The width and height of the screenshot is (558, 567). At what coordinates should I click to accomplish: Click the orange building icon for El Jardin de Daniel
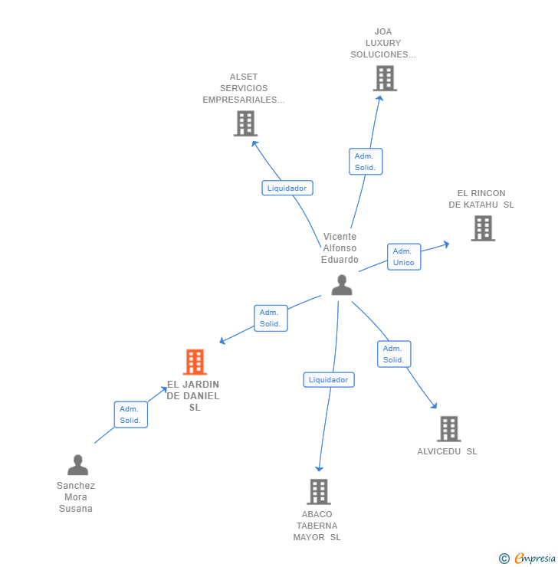(195, 362)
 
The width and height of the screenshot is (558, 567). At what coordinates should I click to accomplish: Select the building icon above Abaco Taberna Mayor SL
(318, 491)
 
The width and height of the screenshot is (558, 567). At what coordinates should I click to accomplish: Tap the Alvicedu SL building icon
(448, 429)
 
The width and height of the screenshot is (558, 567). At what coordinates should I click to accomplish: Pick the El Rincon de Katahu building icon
(482, 228)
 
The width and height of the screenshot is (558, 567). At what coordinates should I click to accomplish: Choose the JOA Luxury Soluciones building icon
(385, 78)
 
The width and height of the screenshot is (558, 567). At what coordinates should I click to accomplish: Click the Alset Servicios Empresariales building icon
(245, 123)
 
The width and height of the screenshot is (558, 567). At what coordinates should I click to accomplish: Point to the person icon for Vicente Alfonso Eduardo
(342, 285)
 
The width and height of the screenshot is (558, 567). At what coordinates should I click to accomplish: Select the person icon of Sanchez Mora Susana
(77, 465)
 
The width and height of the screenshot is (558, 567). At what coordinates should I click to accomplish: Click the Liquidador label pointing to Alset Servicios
(287, 188)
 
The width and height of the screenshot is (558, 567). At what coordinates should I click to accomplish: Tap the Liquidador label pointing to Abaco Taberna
(329, 379)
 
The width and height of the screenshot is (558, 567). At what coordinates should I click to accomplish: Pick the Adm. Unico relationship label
(403, 257)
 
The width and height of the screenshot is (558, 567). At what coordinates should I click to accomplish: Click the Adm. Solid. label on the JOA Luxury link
(365, 162)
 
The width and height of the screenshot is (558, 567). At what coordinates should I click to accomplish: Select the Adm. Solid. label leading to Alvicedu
(394, 354)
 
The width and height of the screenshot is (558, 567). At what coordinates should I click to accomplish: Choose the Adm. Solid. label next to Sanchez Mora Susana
(130, 415)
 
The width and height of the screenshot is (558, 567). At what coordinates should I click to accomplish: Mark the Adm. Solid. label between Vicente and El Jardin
(270, 318)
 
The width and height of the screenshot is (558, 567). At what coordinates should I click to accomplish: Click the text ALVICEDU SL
(447, 451)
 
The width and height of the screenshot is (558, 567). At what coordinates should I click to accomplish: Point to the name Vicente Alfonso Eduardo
(340, 248)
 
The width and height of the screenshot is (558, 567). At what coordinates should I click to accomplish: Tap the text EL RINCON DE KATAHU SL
(481, 199)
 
